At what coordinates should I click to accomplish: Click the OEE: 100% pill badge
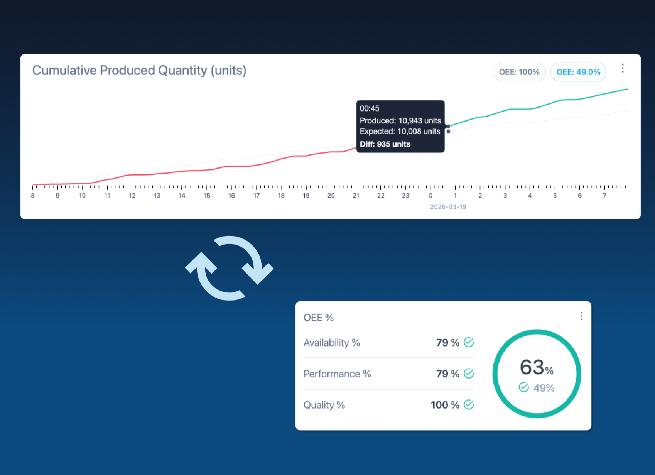tap(519, 72)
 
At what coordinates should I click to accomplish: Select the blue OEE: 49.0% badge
tap(578, 72)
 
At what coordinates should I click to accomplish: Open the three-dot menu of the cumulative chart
tap(622, 68)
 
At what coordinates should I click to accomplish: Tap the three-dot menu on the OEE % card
tap(581, 316)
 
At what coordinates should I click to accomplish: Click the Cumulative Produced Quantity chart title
tap(139, 71)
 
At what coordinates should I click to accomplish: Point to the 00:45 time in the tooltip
tap(370, 108)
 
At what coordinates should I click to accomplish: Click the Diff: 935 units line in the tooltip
tap(385, 144)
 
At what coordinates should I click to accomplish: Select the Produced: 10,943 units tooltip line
tap(400, 121)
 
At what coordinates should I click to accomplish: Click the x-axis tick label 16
tap(231, 196)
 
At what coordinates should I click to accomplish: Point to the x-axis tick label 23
tap(405, 196)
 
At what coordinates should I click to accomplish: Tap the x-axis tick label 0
tap(430, 196)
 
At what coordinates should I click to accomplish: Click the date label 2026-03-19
tap(448, 207)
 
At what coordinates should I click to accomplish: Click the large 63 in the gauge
tap(532, 367)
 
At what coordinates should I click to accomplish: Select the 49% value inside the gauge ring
tap(544, 388)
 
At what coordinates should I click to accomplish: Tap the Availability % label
tap(331, 343)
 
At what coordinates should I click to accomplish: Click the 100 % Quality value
tap(445, 405)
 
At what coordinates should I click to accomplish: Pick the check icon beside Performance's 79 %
tap(469, 374)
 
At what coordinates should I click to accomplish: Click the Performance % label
tap(337, 374)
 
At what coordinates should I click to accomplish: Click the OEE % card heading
tap(318, 318)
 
